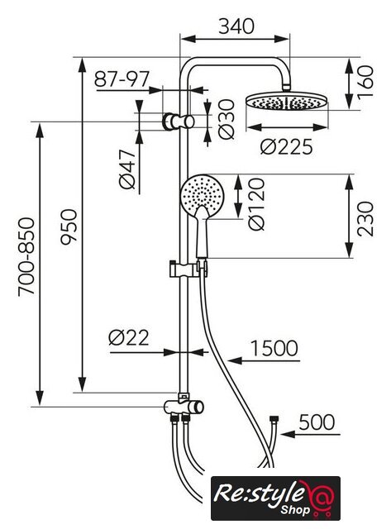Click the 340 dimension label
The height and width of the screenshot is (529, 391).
[x=236, y=26]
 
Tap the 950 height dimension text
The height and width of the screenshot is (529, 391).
[x=69, y=226]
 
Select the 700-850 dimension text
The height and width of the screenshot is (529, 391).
[x=26, y=257]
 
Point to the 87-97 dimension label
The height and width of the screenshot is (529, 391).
[x=122, y=79]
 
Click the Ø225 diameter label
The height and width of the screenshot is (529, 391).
[x=286, y=147]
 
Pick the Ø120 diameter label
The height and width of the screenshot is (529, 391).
[x=256, y=204]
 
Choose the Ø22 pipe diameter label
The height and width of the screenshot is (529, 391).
[x=128, y=337]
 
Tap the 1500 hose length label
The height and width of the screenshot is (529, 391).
[x=274, y=348]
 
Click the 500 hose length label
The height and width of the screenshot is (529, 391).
[x=317, y=422]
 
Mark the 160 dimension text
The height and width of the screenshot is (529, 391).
[x=365, y=82]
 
